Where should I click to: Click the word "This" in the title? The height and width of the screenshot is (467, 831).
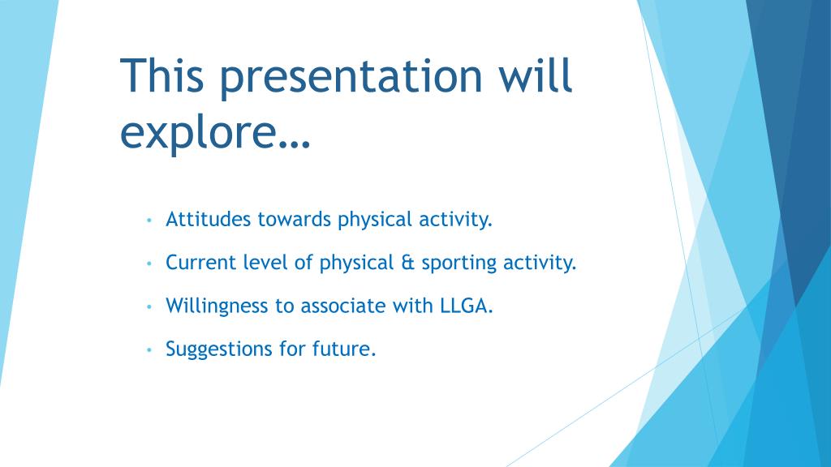coord(162,75)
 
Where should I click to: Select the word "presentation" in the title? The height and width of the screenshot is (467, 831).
coord(351,79)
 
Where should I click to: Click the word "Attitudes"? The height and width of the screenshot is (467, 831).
coord(208,219)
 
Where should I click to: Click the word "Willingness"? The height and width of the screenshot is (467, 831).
coord(216,306)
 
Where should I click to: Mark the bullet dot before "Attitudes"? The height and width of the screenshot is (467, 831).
coord(149,220)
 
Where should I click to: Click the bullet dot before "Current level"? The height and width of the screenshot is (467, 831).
coord(149,263)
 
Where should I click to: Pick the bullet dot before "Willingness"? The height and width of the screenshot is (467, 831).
coord(149,306)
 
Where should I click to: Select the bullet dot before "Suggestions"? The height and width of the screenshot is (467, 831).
coord(149,350)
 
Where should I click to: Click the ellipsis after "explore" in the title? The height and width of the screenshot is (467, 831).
coord(294,144)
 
